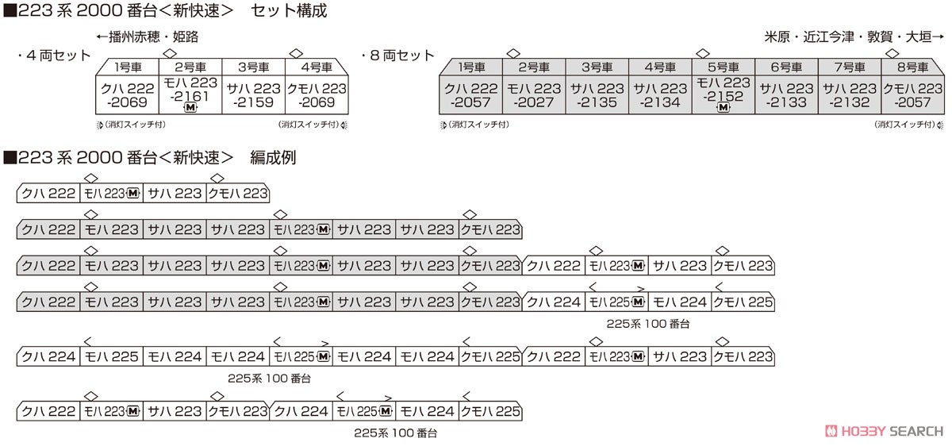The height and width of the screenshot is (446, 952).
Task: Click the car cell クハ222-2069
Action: point(127,95)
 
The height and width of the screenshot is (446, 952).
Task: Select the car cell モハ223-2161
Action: point(190,95)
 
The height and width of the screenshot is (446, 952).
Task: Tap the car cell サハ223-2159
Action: point(254,95)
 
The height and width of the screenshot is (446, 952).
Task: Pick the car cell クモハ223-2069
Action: point(317,95)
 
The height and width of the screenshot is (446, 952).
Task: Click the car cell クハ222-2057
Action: point(470,95)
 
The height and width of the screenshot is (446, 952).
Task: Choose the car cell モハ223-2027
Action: point(534,95)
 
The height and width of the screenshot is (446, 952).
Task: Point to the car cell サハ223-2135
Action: point(597,95)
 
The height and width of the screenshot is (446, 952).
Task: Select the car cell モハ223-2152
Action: point(724,95)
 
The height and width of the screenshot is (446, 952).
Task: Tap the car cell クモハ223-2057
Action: point(913,95)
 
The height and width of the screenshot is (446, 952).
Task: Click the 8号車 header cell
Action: point(912,67)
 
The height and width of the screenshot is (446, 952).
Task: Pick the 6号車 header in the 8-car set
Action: point(787,67)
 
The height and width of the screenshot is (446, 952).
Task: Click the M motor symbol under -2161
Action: point(190,108)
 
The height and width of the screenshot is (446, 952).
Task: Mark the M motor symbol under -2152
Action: point(724,108)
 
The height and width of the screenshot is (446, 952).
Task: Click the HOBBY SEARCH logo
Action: point(884,431)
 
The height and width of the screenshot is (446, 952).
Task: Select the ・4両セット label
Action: point(54,56)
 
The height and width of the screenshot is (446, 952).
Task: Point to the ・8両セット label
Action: point(397,56)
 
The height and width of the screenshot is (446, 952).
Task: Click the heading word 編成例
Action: point(273,158)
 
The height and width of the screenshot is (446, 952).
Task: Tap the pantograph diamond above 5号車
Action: point(703,54)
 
